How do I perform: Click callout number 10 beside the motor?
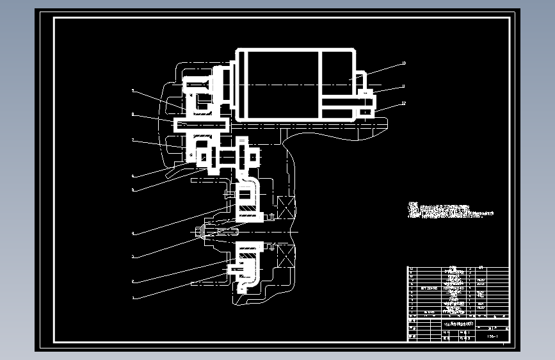coord(403,63)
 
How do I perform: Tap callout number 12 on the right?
coord(403,102)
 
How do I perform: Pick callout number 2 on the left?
coord(133,281)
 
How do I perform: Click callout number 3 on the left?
coord(133,257)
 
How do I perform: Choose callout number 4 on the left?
coord(133,233)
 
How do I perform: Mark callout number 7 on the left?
coord(133,140)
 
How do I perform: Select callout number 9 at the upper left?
coord(133,92)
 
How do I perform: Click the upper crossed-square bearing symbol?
coord(284,206)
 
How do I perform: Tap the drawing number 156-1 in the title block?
coord(493,336)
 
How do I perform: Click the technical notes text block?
coord(451,211)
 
